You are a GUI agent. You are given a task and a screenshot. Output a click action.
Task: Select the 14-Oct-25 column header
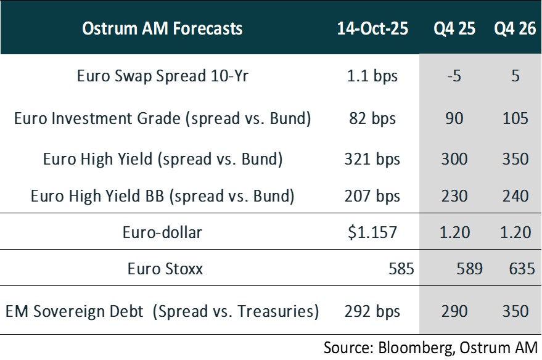(372, 28)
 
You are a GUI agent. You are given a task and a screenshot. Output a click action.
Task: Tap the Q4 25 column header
(454, 28)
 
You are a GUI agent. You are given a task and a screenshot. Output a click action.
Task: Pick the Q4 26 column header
(515, 28)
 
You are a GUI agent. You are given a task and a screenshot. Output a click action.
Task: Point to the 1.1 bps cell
(372, 76)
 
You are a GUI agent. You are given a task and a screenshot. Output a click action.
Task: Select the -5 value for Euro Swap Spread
(454, 76)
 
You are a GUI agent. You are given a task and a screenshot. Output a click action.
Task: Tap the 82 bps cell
(372, 118)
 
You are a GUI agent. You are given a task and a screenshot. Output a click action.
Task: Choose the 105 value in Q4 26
(515, 118)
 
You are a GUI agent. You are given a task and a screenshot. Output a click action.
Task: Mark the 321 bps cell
(372, 159)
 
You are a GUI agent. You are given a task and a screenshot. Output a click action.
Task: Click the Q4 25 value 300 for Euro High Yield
(454, 159)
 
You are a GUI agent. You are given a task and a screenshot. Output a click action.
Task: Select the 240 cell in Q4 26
(515, 196)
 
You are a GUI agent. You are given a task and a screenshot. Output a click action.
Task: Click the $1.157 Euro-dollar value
(372, 232)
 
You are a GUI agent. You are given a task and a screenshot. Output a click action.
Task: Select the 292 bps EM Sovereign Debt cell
(372, 311)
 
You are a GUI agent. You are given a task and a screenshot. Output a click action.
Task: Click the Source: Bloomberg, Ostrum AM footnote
(431, 347)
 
